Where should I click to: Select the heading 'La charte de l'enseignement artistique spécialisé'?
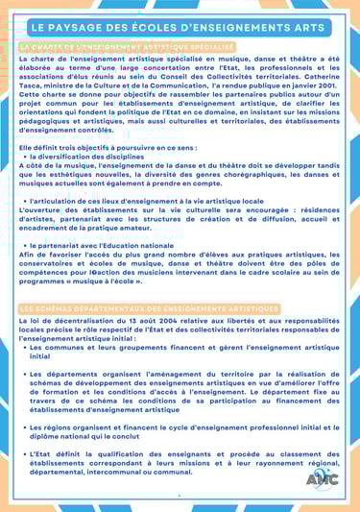coord(127,47)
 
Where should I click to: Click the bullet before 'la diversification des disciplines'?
coord(24,156)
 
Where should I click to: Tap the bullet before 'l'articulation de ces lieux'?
coord(24,201)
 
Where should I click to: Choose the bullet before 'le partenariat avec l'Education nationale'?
coord(24,246)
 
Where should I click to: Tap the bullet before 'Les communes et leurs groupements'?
coord(24,347)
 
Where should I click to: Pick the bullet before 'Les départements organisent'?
coord(24,373)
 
